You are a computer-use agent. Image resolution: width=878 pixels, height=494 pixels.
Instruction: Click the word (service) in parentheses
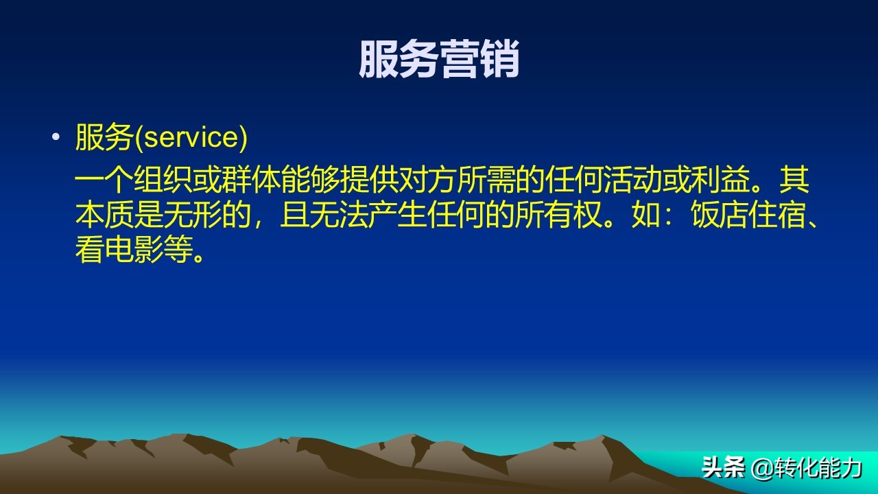[x=191, y=138]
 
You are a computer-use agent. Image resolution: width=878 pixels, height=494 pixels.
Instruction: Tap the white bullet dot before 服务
[x=56, y=137]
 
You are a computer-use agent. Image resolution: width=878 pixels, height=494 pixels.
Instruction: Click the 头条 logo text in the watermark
[x=723, y=469]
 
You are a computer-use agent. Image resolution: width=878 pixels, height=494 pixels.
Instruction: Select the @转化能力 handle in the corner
[x=807, y=469]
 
